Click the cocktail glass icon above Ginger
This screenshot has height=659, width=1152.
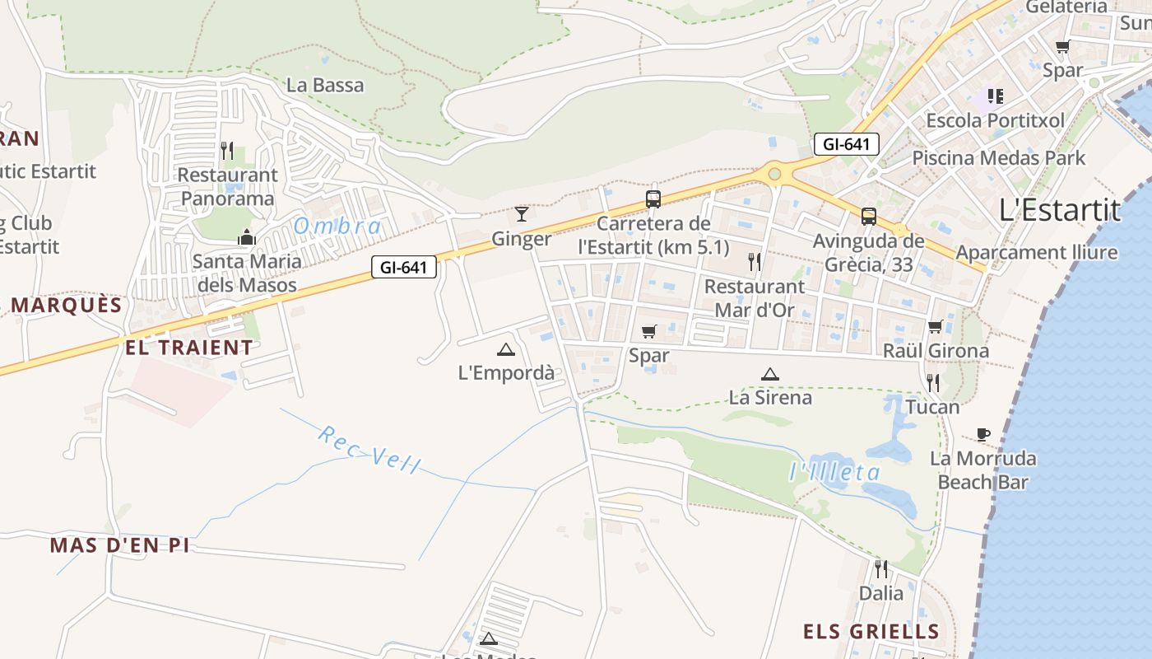coord(522,215)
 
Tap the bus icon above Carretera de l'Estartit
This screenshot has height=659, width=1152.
coord(653,199)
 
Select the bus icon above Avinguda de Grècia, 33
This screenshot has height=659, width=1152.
coord(868,217)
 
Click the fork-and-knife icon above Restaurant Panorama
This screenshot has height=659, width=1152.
coord(227,151)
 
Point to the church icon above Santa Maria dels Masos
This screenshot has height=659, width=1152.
coord(246,237)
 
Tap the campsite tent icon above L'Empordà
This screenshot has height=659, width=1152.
coord(505,349)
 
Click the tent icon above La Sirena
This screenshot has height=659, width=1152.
coord(769,374)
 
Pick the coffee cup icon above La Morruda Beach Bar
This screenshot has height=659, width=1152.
coord(982,434)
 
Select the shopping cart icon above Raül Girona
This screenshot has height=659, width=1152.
coord(935,327)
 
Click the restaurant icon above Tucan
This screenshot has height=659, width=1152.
coord(932,382)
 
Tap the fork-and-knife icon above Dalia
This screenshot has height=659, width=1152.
coord(880,568)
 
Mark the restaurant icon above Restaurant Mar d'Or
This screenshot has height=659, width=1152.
coord(754,262)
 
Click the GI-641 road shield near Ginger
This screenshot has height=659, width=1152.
coord(403,267)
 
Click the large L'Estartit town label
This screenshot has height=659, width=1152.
coord(1060,210)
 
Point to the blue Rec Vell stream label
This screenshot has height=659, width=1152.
coord(369,450)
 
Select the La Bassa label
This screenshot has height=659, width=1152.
coord(325,85)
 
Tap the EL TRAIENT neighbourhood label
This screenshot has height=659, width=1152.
coord(189,348)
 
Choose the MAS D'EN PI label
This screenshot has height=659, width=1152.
coord(119,545)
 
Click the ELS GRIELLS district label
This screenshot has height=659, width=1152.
coord(871,632)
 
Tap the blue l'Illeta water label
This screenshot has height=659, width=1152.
coord(834,472)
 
